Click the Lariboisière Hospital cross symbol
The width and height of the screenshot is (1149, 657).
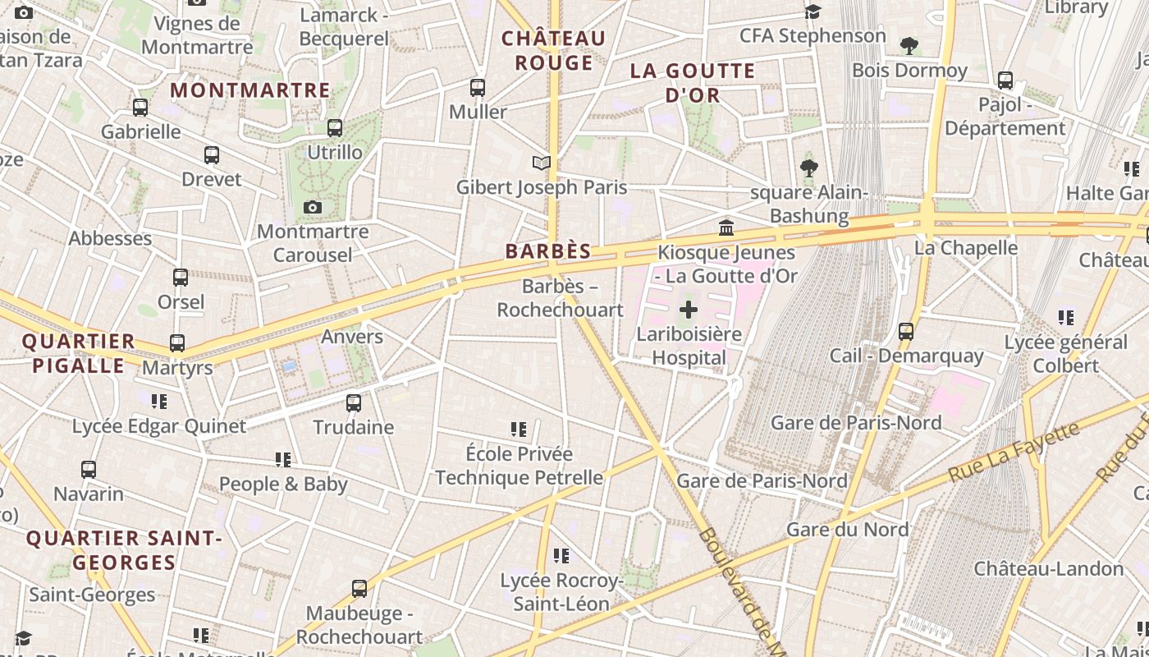[x=689, y=310]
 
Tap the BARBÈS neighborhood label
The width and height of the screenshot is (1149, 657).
[x=548, y=251]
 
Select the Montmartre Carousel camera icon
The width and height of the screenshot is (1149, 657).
[x=312, y=207]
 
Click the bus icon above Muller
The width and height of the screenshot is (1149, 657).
[x=478, y=87]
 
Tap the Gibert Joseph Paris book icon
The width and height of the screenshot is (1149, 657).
[x=541, y=163]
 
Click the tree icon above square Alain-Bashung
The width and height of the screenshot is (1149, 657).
[x=809, y=168]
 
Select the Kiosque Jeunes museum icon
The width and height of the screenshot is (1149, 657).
[x=726, y=227]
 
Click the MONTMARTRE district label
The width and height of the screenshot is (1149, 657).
[x=249, y=90]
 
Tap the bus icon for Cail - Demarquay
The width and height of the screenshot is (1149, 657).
[x=906, y=331]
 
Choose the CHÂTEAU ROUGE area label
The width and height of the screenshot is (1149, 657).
[x=553, y=50]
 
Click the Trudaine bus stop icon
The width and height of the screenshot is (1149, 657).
[x=354, y=403]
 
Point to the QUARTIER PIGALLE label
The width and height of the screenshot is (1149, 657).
[x=79, y=353]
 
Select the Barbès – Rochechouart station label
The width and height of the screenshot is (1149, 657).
[x=561, y=298]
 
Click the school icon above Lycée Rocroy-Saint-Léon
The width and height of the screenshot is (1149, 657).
[x=561, y=556]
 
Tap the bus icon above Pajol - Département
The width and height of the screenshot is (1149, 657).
[x=1005, y=80]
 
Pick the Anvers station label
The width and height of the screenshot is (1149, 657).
[x=352, y=337]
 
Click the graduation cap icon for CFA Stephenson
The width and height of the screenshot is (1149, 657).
[x=813, y=11]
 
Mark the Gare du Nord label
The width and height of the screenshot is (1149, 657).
[x=847, y=529]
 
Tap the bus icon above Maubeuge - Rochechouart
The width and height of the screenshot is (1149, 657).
[x=359, y=589]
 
